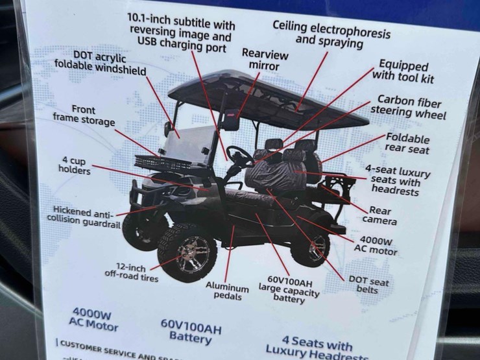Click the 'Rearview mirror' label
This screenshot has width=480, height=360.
pos(261,59)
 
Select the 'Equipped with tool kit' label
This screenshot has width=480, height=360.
pos(403,72)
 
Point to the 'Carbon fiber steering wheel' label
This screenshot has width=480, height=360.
pos(409,108)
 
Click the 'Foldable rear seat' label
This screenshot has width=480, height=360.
pos(408,143)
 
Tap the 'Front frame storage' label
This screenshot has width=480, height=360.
pos(84,115)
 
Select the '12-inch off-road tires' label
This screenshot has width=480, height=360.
pos(131,270)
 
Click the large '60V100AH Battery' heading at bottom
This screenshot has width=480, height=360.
pos(191,334)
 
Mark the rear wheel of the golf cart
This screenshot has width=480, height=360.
pos(310,248)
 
